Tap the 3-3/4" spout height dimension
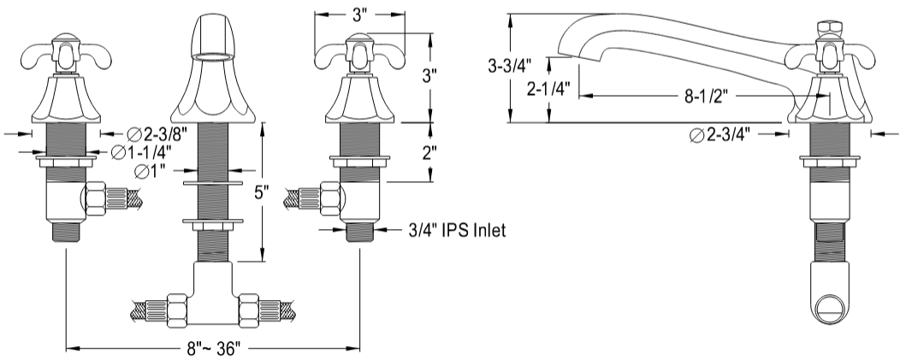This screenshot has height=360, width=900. click(x=505, y=65)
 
